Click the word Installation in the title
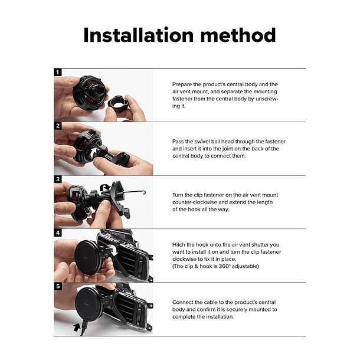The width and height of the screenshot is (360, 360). coord(139,35)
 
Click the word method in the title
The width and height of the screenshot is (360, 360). coord(238,35)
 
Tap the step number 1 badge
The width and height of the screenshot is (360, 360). coord(58,73)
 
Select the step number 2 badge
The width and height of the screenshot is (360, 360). coord(58,126)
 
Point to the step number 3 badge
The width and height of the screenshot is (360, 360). coord(58,179)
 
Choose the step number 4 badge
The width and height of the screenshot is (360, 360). coord(58,233)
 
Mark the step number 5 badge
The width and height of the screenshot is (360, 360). coord(58,286)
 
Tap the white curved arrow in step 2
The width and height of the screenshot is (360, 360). coord(94,153)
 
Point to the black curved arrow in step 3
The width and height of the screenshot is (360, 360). coord(105,187)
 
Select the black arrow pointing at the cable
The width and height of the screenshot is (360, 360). coord(77,326)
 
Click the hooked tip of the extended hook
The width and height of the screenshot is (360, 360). coord(144,192)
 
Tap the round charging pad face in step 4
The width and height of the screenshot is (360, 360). coord(87,257)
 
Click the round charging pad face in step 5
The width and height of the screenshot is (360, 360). coord(88,305)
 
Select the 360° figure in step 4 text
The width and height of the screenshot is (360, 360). coord(224,266)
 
